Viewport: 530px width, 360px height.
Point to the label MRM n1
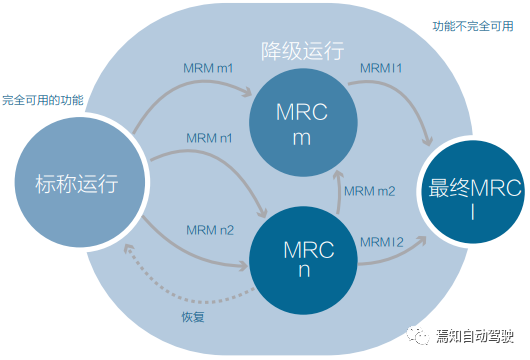(209, 137)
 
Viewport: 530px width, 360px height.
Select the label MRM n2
(209, 230)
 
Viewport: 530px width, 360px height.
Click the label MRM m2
(369, 191)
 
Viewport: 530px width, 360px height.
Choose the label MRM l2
(383, 240)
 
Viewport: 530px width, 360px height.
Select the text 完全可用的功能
(43, 101)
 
